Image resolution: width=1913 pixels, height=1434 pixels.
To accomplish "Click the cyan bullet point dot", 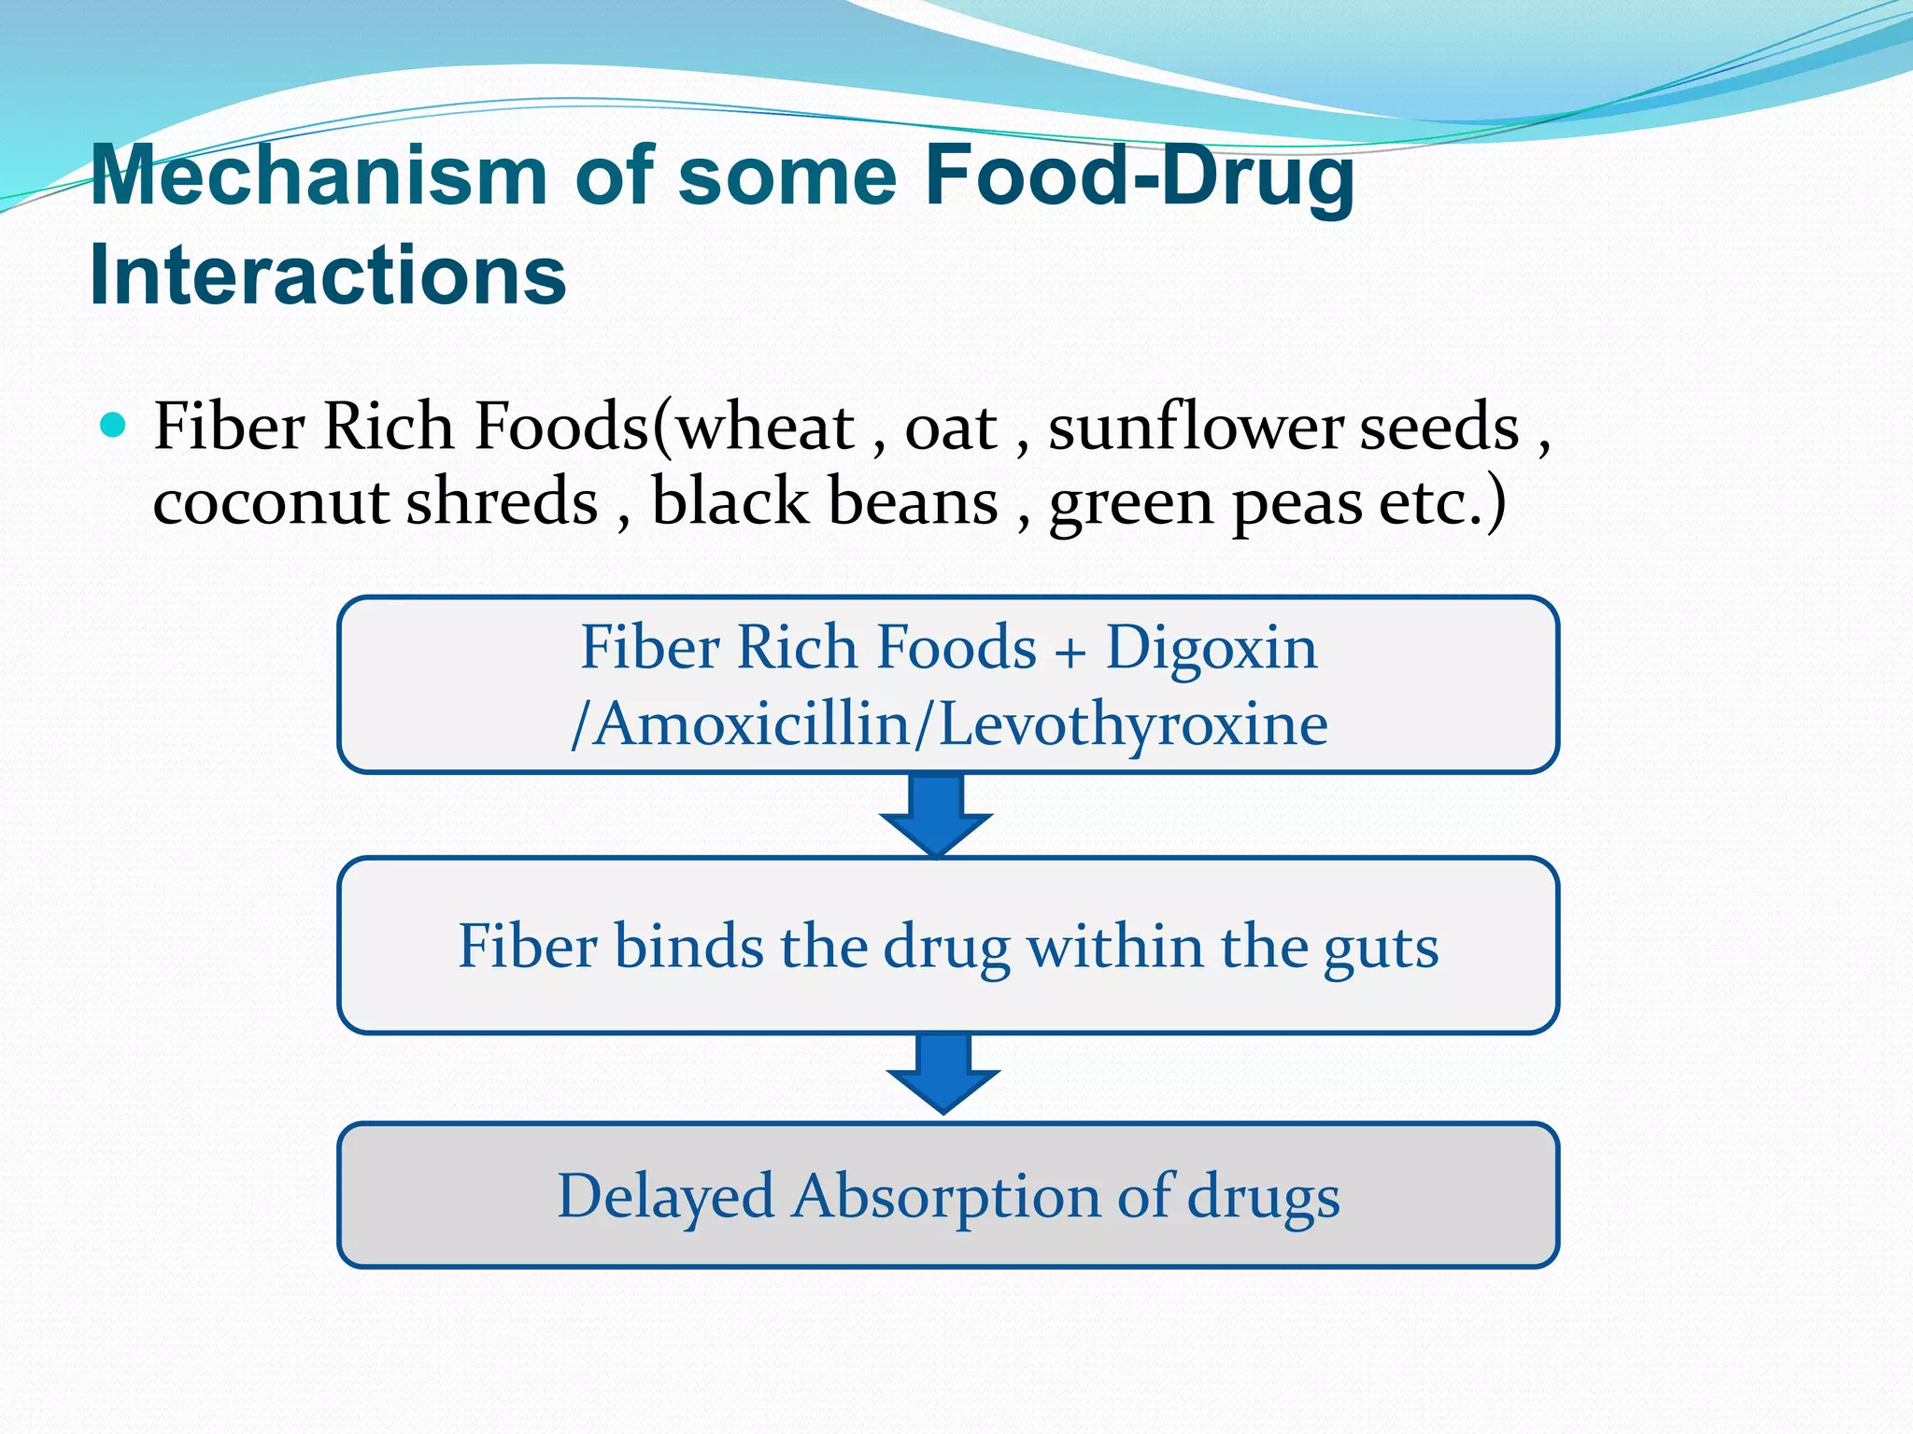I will (x=112, y=426).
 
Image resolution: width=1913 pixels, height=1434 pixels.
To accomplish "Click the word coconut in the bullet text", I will (x=271, y=501).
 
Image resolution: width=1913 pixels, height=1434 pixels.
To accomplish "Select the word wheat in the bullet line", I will (x=765, y=428).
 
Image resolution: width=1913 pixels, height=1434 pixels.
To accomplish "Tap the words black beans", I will (x=824, y=501).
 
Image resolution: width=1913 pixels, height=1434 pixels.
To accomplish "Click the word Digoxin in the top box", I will (x=1211, y=647).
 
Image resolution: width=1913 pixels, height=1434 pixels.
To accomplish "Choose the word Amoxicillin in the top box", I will (x=753, y=724).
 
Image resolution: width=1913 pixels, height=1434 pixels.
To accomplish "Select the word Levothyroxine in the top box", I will (x=1132, y=724).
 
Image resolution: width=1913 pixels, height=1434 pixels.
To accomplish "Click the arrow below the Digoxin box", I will (x=936, y=814).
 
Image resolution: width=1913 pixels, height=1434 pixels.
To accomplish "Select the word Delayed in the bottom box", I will (x=665, y=1197).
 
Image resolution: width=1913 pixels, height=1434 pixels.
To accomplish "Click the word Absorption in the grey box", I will (x=945, y=1197).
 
